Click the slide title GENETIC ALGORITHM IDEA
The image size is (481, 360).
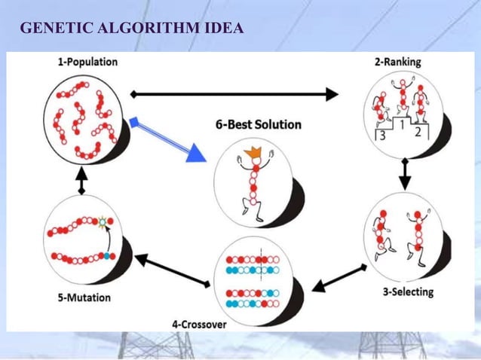[x=131, y=29]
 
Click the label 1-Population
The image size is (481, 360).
[x=87, y=63]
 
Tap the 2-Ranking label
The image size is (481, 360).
[x=398, y=63]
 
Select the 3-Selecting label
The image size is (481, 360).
[x=408, y=291]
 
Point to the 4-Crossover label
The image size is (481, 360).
[x=199, y=325]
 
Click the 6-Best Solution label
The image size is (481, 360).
[x=258, y=124]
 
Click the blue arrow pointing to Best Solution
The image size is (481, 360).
[x=169, y=140]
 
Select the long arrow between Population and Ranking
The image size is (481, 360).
[x=234, y=94]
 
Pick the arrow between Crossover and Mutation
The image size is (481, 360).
[x=173, y=270]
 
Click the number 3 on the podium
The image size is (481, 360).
[x=383, y=136]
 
